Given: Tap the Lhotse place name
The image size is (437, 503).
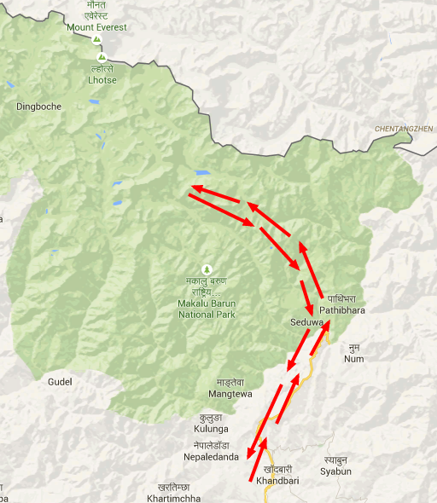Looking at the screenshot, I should (x=101, y=80).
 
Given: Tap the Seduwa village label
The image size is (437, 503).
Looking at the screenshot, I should (x=306, y=323).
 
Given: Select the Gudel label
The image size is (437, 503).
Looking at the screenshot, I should (x=61, y=381).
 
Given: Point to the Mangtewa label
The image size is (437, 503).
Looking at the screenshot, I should (x=230, y=395).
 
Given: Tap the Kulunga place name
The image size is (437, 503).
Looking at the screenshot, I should (x=213, y=429).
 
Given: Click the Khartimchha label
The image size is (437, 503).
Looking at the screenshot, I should (x=173, y=497).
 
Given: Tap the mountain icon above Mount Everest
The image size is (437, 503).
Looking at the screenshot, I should (x=97, y=39).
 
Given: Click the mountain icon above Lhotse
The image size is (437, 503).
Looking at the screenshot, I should (x=102, y=57).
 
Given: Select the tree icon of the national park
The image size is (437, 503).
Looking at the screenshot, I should (x=204, y=269).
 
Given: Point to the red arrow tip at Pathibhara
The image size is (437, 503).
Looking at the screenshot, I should (x=328, y=323).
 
